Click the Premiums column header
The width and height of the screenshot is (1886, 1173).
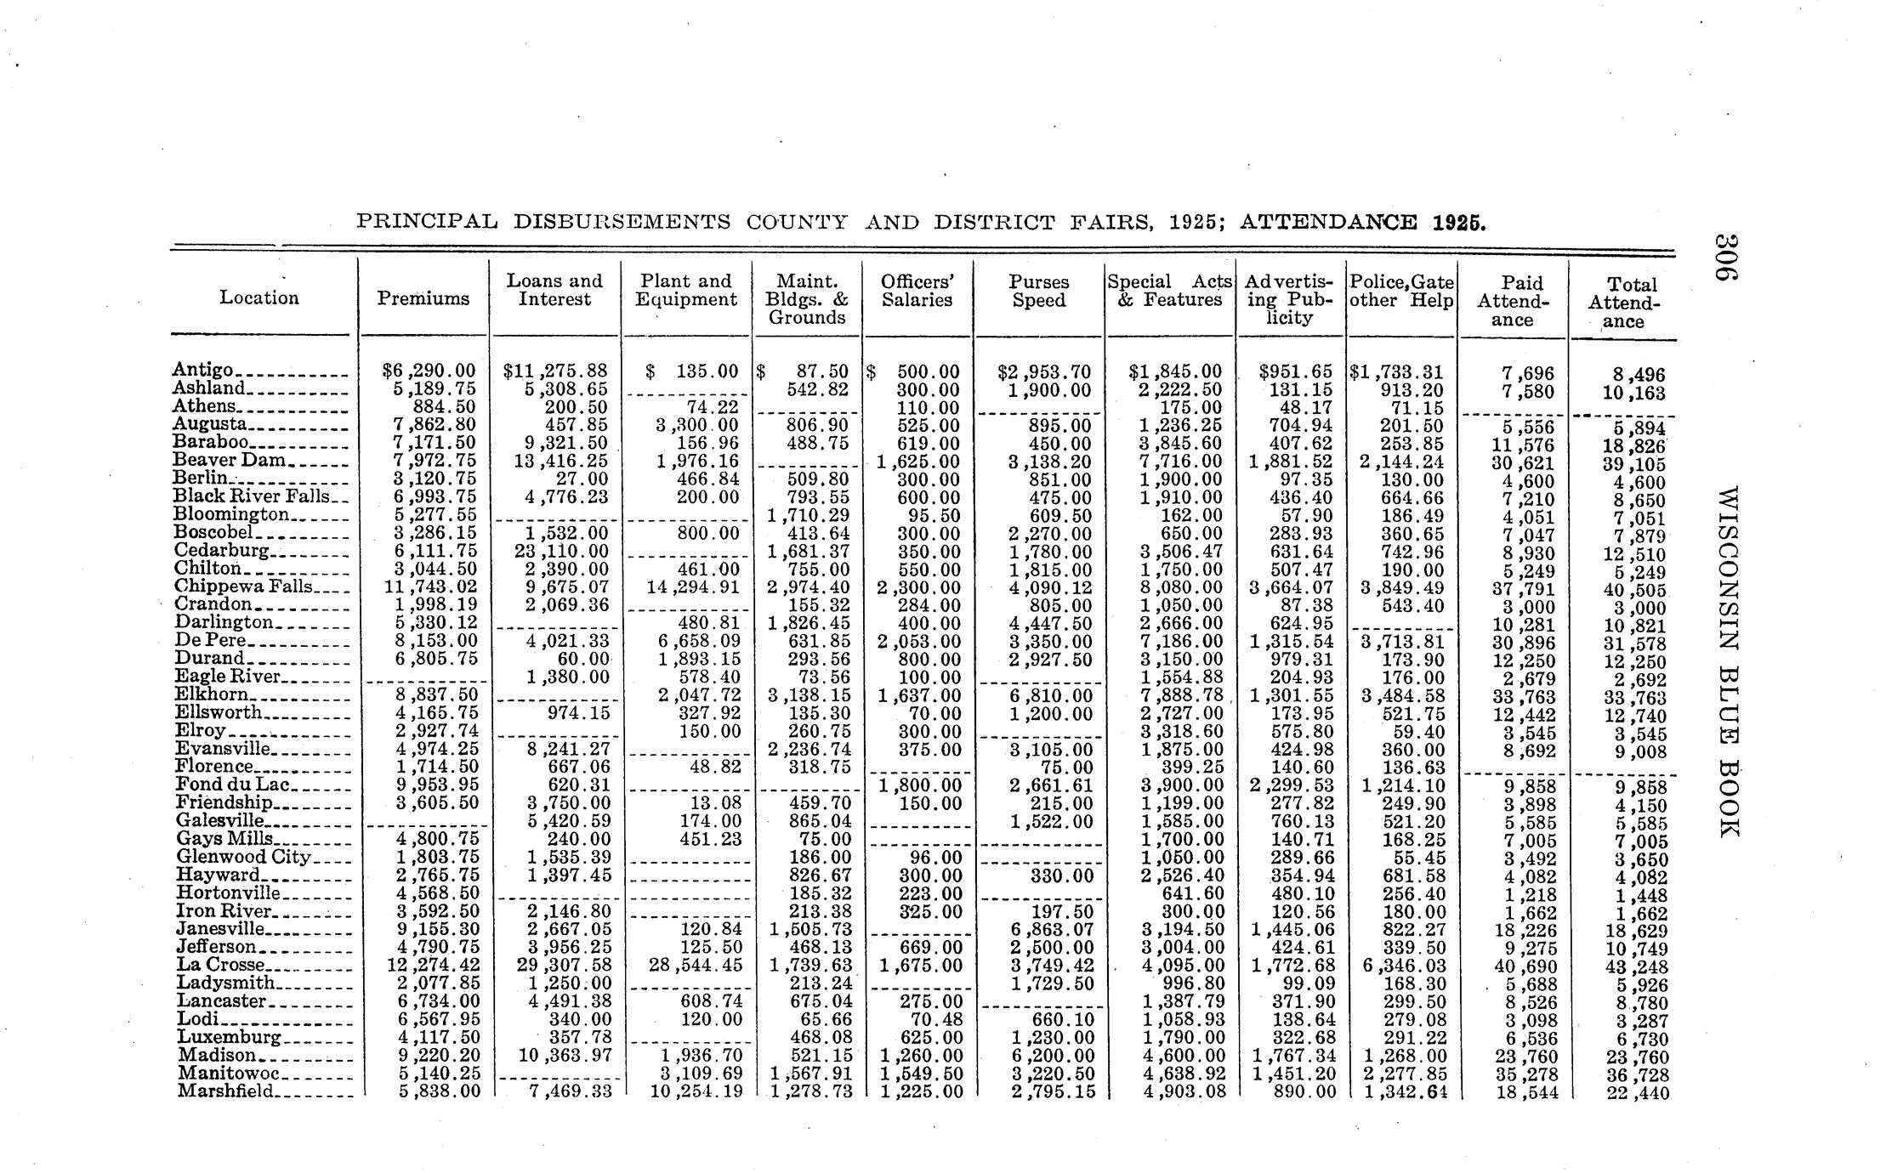tap(423, 298)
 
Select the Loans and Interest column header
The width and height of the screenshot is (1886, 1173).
tap(554, 290)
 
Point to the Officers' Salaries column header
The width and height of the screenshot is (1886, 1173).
tap(917, 291)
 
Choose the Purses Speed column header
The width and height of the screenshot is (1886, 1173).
tap(1038, 291)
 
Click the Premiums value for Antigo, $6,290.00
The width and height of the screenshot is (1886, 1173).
tap(429, 371)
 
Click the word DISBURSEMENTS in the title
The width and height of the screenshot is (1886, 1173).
tap(622, 223)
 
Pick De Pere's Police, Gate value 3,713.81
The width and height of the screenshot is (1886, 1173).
tap(1402, 643)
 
